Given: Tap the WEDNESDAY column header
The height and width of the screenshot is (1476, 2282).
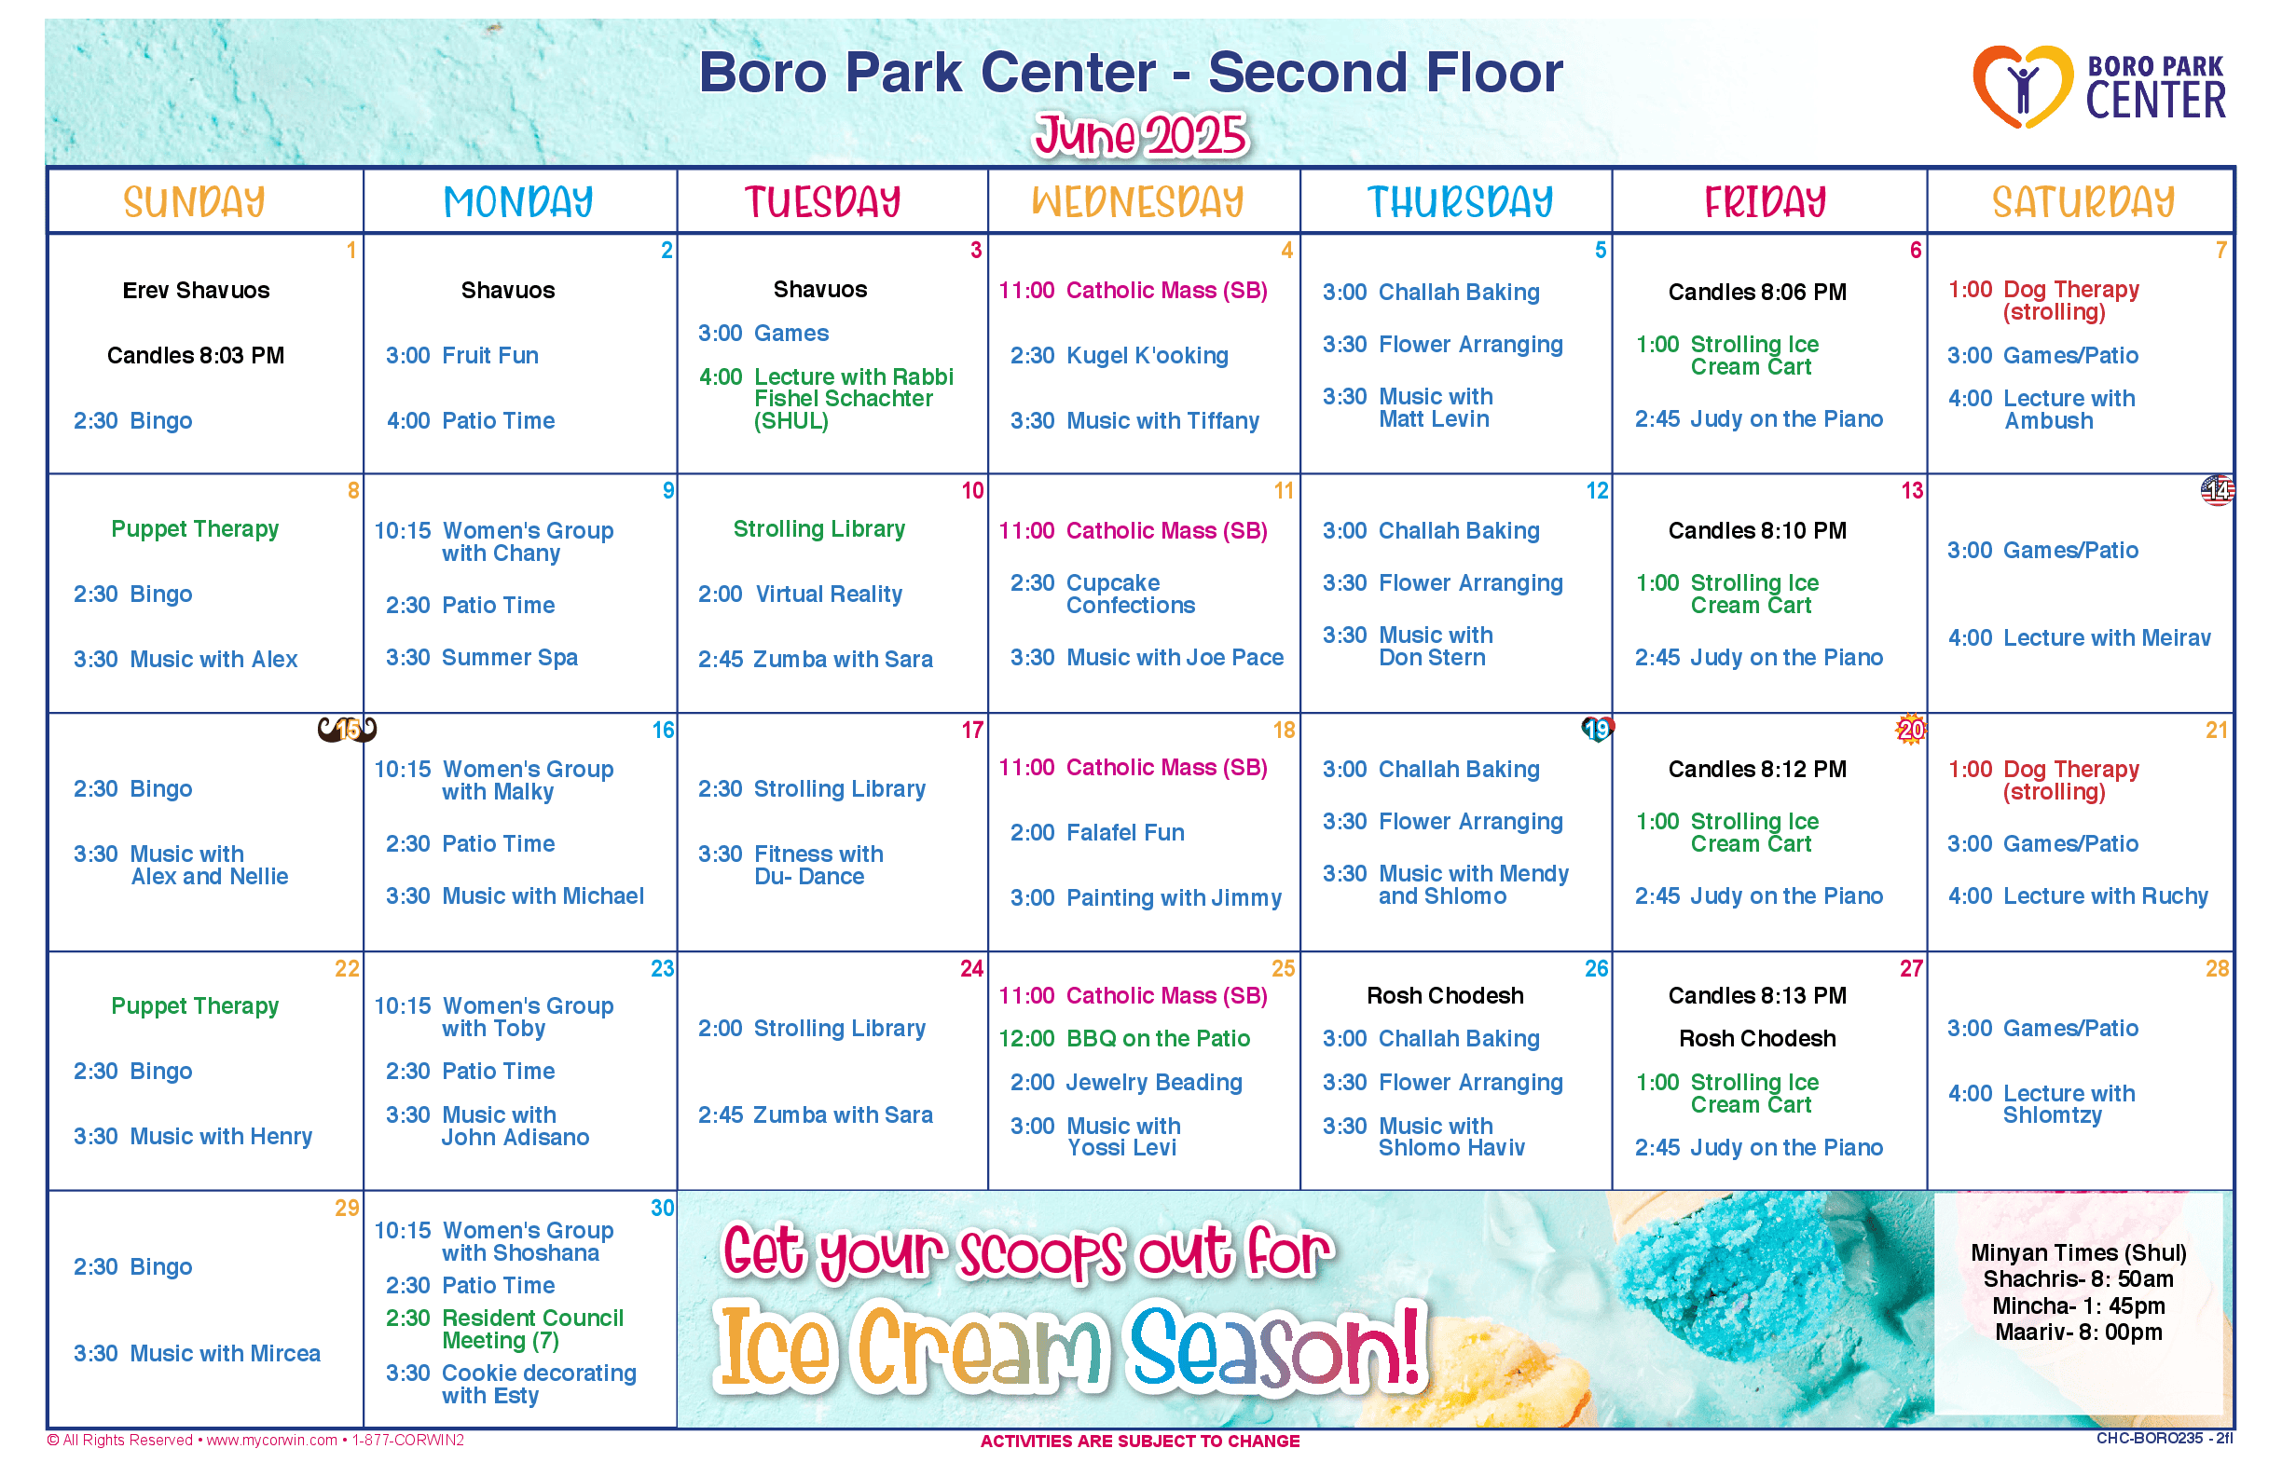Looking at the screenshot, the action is coord(1137,202).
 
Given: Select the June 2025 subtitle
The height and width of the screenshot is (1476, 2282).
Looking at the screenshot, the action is coord(1140,135).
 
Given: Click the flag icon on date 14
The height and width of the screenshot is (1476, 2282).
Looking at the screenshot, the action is coord(2217,491).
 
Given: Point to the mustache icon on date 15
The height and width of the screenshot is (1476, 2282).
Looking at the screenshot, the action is coord(347,731).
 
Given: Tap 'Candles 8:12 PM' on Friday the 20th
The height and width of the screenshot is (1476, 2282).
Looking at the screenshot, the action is coord(1756,770).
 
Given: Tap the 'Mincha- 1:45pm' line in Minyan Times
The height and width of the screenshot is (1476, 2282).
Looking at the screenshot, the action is coord(2078,1306).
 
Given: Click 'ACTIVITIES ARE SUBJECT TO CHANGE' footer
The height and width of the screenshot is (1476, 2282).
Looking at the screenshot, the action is coord(1140,1442).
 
